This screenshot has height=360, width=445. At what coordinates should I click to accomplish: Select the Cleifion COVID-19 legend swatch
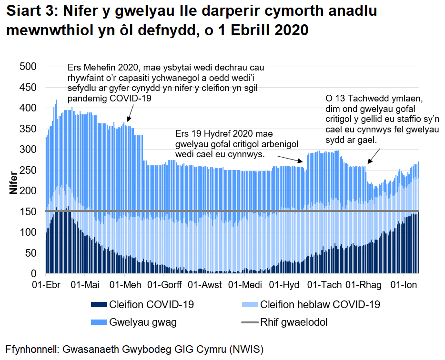[x=98, y=305]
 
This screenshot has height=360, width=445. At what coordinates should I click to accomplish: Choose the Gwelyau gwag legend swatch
[x=98, y=322]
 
